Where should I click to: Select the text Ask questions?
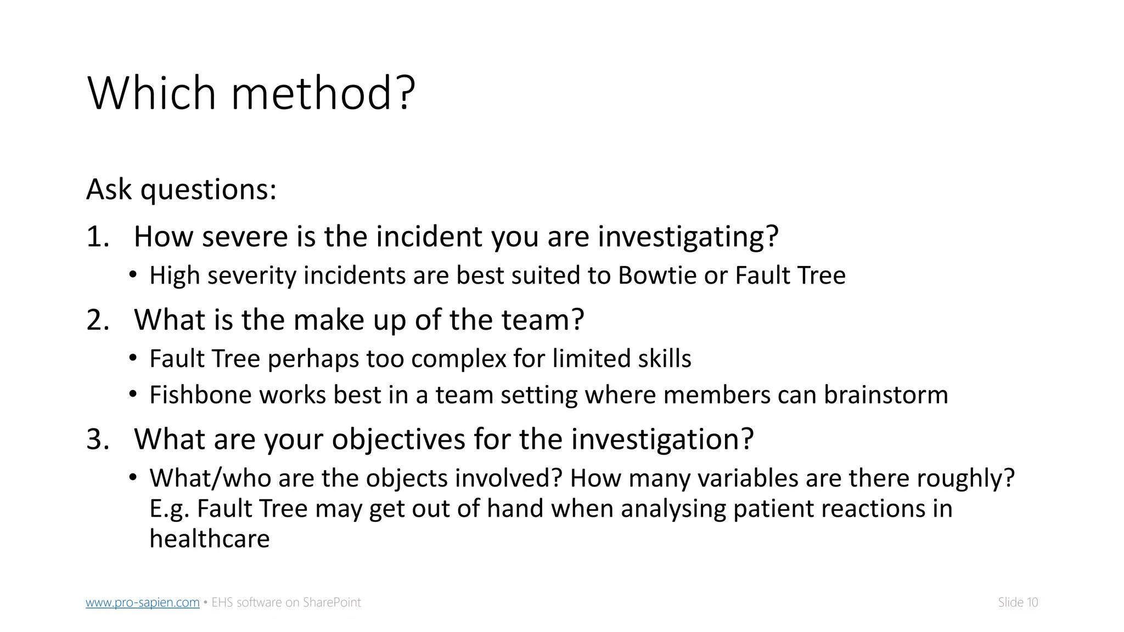pyautogui.click(x=181, y=189)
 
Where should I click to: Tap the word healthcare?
pyautogui.click(x=209, y=539)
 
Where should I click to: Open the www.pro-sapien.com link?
pyautogui.click(x=142, y=602)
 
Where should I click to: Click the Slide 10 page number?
pyautogui.click(x=1018, y=602)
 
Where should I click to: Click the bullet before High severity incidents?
pyautogui.click(x=133, y=275)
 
